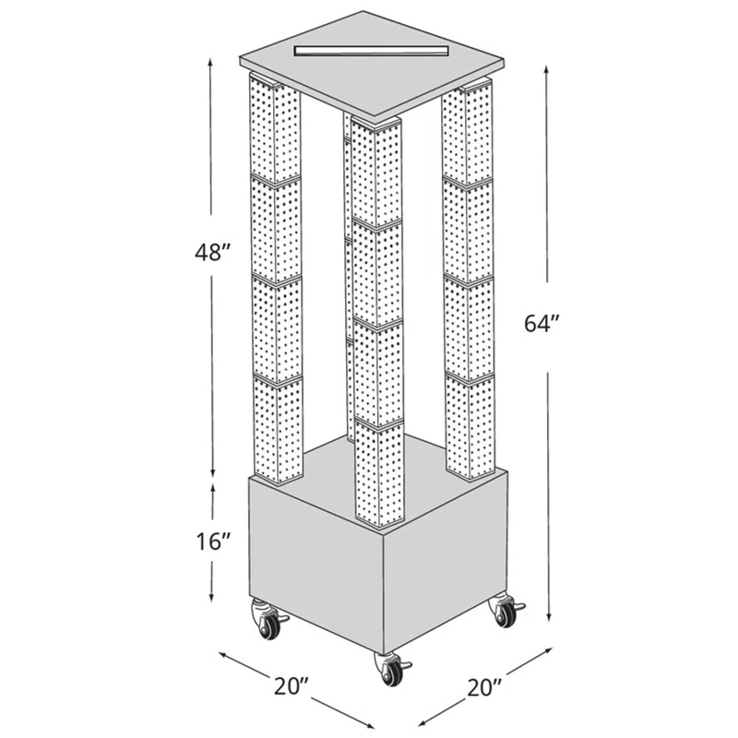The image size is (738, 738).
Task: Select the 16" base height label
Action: click(x=211, y=542)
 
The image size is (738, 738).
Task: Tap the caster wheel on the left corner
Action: click(x=268, y=623)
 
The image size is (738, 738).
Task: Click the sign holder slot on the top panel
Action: click(x=369, y=48)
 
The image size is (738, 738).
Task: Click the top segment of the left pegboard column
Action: click(x=274, y=129)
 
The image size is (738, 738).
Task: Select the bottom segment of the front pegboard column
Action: click(x=378, y=472)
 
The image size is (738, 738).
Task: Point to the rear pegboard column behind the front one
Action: click(x=348, y=277)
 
